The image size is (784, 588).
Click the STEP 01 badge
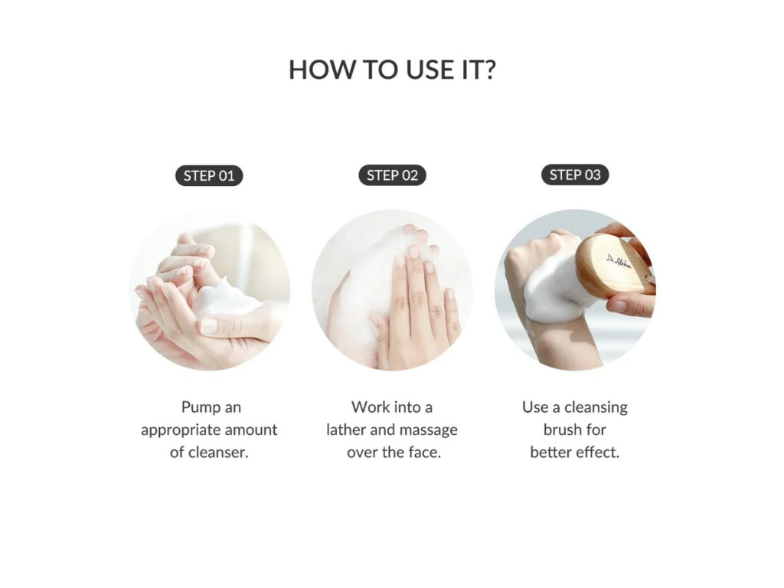[x=209, y=175]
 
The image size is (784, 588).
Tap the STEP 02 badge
[x=392, y=175]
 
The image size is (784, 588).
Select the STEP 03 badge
[x=575, y=175]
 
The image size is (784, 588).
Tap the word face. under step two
[x=424, y=452]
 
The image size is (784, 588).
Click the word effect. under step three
[x=597, y=452]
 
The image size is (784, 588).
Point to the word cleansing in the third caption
[x=595, y=408]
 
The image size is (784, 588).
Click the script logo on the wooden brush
[x=619, y=261]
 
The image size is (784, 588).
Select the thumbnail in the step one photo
[x=209, y=326]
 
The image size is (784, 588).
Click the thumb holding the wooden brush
[x=630, y=304]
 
